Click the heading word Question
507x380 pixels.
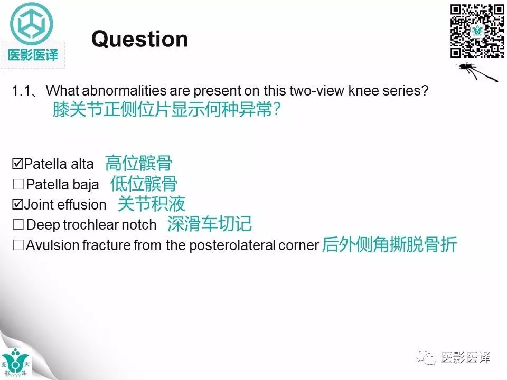click(x=139, y=39)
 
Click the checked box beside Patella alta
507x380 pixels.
click(x=17, y=164)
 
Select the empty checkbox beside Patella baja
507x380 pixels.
click(x=18, y=185)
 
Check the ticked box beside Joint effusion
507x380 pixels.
click(x=17, y=204)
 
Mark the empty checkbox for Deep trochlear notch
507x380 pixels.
click(x=18, y=225)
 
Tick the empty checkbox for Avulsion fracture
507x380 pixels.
click(x=18, y=245)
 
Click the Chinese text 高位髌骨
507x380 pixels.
click(x=138, y=163)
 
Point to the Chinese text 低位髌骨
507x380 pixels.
click(x=144, y=184)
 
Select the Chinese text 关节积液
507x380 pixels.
click(x=151, y=204)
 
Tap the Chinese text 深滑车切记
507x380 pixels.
click(x=209, y=224)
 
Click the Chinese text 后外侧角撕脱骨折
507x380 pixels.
click(x=389, y=245)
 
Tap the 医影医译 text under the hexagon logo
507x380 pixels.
click(x=33, y=54)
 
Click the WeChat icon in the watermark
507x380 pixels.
click(x=426, y=358)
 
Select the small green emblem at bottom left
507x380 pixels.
click(x=16, y=363)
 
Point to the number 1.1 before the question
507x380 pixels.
click(x=21, y=91)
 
